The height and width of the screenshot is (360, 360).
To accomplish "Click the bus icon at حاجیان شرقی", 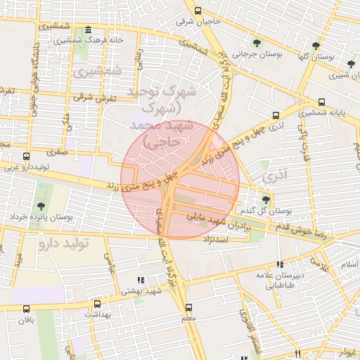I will click(x=198, y=11).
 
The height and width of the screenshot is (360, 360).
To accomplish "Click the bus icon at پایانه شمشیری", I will click(x=321, y=102).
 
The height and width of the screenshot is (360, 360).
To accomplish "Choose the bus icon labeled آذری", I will click(x=275, y=115).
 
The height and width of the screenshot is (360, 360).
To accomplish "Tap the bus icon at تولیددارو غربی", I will click(x=26, y=156).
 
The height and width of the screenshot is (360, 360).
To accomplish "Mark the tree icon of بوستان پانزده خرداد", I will click(x=41, y=207).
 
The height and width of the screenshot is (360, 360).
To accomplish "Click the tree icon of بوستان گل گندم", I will click(x=265, y=200).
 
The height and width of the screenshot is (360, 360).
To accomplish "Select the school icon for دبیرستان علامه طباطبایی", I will click(x=280, y=265).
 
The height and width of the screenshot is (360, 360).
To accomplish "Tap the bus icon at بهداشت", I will click(x=96, y=304).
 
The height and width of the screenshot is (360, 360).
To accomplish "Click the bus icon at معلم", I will click(x=188, y=307).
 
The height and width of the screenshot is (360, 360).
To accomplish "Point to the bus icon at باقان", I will click(x=26, y=309).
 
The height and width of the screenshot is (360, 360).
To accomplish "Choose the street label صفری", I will click(x=56, y=151).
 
